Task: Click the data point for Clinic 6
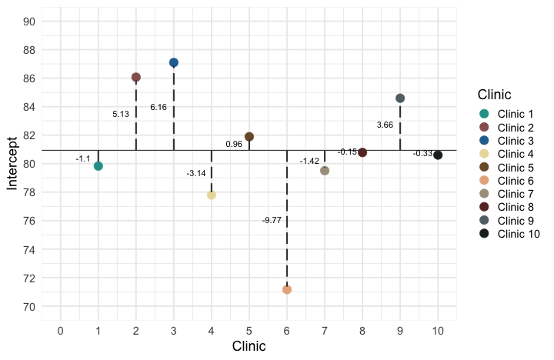(x=287, y=289)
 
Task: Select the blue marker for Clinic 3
(x=174, y=62)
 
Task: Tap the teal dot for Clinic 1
(x=98, y=166)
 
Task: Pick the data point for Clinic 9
(x=400, y=98)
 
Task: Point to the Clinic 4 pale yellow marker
(x=212, y=195)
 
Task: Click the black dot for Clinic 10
(x=438, y=155)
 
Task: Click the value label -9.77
(x=272, y=220)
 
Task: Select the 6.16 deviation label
(x=159, y=107)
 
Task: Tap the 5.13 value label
(x=121, y=114)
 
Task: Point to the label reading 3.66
(x=385, y=125)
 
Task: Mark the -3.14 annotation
(x=196, y=173)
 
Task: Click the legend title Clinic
(x=495, y=95)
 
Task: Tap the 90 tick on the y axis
(x=28, y=22)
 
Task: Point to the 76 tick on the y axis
(x=28, y=221)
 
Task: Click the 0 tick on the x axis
(x=61, y=330)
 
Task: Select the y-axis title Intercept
(x=12, y=164)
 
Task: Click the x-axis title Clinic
(x=249, y=346)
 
